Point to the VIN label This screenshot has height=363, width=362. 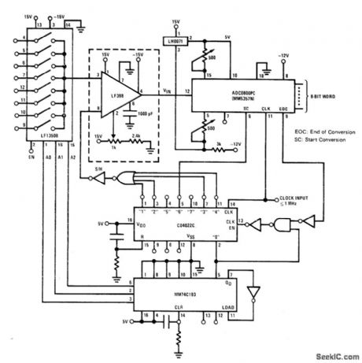point(169,92)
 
